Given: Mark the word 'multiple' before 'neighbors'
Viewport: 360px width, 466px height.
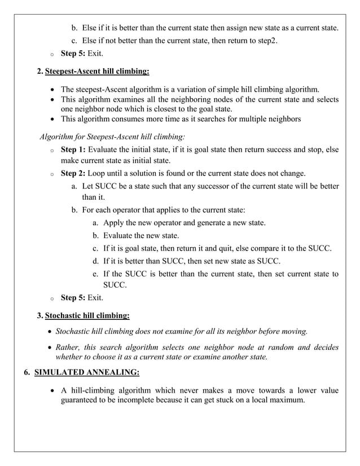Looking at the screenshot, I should [252, 119].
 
